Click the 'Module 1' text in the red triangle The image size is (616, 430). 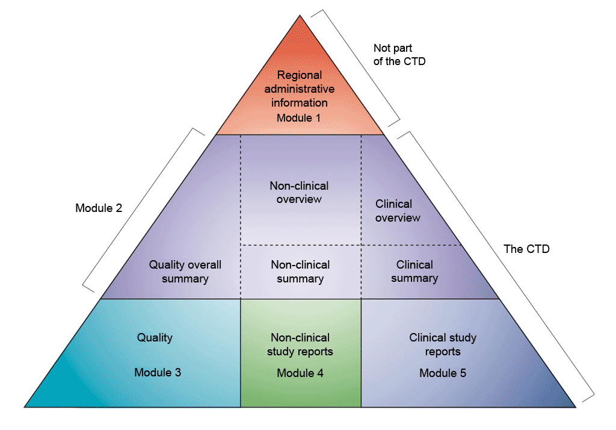pos(299,118)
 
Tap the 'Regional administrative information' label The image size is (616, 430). pos(299,89)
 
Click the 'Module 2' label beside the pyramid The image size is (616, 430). pos(99,208)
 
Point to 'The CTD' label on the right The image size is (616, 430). pos(526,249)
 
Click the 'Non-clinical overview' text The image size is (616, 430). pos(299,193)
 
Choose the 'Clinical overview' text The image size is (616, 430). pos(398,211)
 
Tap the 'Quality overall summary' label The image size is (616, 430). pos(185,272)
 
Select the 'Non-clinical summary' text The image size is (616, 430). pos(300,272)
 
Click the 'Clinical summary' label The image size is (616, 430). pos(414,272)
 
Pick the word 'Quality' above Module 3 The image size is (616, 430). pos(155,337)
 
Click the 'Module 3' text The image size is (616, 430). pos(158,372)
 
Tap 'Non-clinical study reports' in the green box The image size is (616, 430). pos(300,344)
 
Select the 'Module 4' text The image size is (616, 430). pos(300,373)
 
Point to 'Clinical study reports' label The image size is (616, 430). pos(443,344)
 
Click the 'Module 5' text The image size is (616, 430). pos(443,373)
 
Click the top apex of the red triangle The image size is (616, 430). pos(300,16)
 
